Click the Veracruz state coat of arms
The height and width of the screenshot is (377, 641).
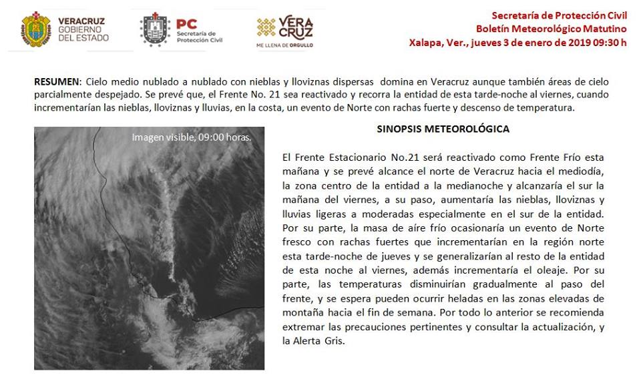[36, 29]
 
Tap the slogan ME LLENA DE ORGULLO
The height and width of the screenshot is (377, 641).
[284, 45]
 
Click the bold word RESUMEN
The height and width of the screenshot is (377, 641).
[56, 81]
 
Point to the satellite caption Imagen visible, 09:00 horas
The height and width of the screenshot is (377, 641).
[192, 137]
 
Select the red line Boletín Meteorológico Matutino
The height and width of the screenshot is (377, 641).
[552, 29]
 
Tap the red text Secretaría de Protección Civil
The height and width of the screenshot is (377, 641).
[559, 15]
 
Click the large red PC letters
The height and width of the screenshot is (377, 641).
[187, 25]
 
